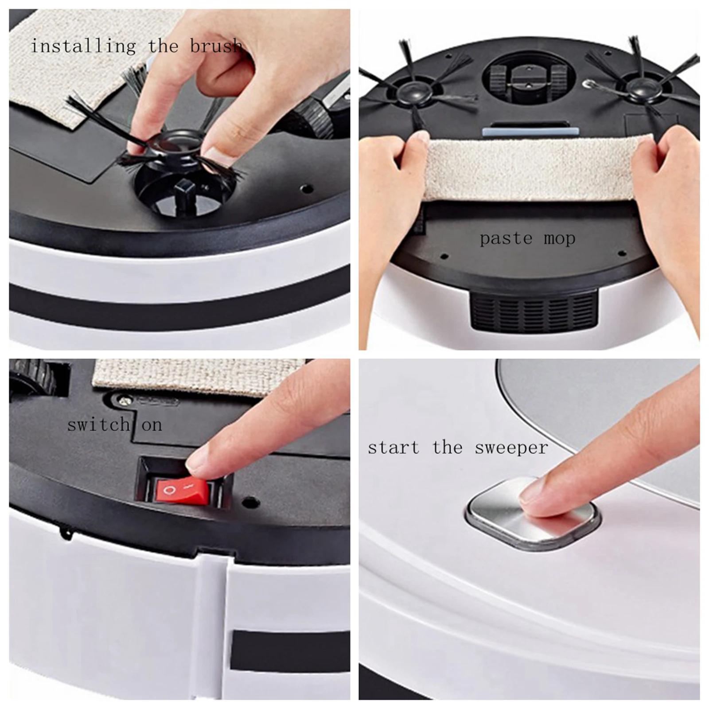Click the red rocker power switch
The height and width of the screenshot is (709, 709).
click(x=181, y=492)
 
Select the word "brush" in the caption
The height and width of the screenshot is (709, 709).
click(x=216, y=46)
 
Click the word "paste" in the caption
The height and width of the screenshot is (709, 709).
click(x=506, y=239)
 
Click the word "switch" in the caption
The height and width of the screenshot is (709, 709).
click(x=98, y=425)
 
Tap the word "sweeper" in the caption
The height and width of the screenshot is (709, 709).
click(x=511, y=448)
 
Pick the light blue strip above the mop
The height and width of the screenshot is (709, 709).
click(x=530, y=132)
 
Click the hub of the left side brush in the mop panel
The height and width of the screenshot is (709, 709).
click(x=414, y=92)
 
